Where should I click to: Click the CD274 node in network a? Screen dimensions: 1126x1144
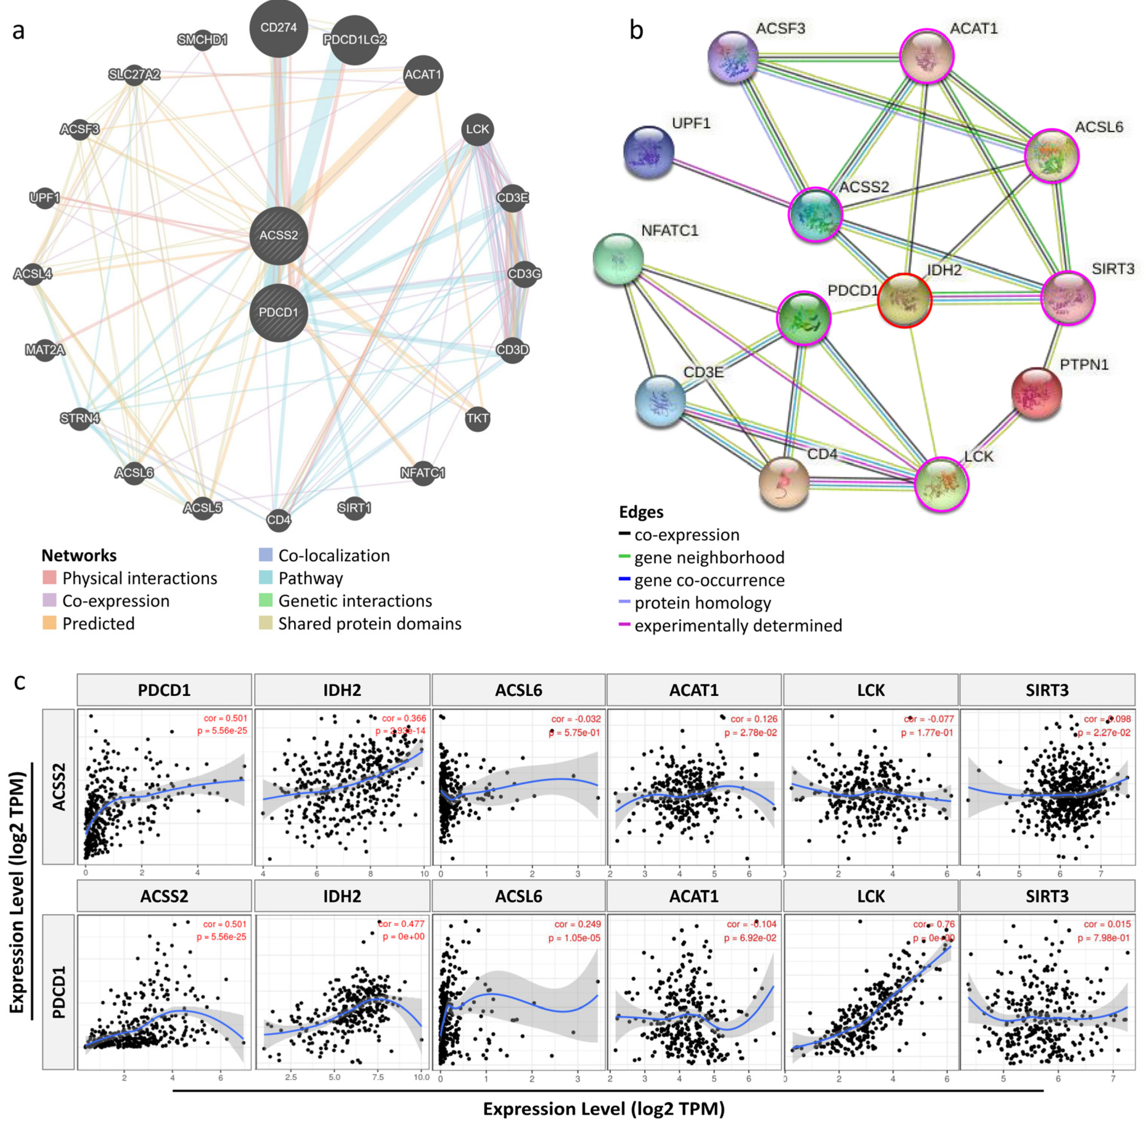click(x=279, y=28)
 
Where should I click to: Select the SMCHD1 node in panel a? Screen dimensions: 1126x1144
click(x=202, y=40)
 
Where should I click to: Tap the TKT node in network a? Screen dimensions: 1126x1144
click(x=477, y=419)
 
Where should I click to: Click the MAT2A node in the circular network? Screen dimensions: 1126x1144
click(x=45, y=350)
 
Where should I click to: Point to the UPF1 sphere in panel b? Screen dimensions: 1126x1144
click(x=649, y=152)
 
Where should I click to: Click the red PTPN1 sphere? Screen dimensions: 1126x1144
click(x=1037, y=393)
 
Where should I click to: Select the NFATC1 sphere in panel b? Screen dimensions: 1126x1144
click(x=618, y=259)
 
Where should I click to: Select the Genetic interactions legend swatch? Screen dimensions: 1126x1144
click(x=266, y=600)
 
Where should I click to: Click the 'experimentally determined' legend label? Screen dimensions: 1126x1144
click(x=738, y=625)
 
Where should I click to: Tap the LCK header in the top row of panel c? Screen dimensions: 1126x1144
click(x=871, y=690)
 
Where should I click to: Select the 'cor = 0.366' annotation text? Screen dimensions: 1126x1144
click(x=404, y=719)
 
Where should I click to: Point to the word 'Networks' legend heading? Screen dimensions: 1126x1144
click(x=79, y=555)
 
